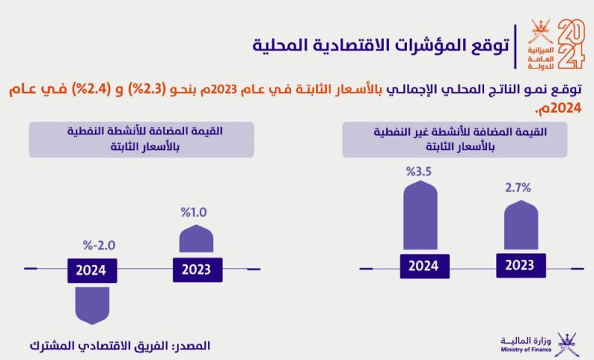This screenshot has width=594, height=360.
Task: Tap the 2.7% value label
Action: point(518,187)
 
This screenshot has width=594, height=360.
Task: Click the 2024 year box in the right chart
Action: point(423,265)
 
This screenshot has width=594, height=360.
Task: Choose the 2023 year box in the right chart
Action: point(520,265)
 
